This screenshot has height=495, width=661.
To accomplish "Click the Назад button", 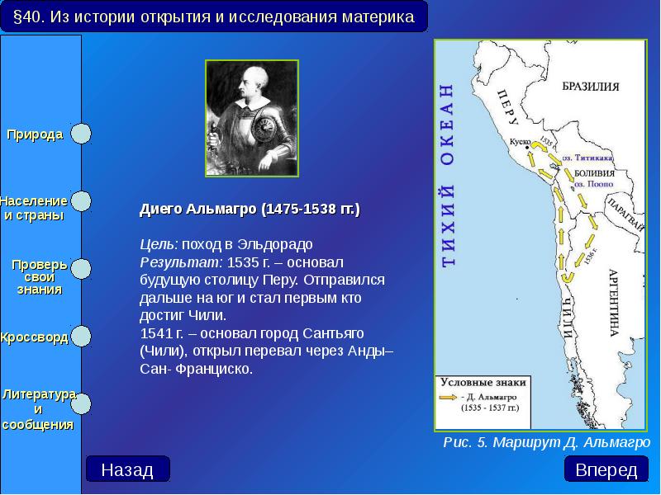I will (x=127, y=470).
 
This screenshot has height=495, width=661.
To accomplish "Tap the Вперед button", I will (x=606, y=470).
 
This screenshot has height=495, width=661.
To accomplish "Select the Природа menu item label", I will (x=36, y=134).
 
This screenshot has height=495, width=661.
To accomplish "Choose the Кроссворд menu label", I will (x=34, y=337).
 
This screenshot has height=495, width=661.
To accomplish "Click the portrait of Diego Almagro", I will (x=252, y=117).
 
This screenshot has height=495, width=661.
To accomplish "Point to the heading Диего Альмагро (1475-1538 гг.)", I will (x=250, y=210).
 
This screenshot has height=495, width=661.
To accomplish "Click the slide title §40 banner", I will (x=214, y=16).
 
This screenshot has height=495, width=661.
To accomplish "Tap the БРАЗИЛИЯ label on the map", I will (x=591, y=86).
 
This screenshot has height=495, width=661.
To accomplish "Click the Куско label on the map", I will (x=520, y=142).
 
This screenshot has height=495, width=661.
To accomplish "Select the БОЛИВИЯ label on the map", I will (x=594, y=172).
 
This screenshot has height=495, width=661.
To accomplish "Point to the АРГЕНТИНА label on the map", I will (x=614, y=302).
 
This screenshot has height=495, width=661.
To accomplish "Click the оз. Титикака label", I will (x=587, y=156).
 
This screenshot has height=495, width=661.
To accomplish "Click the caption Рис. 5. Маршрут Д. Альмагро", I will (x=547, y=442).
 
